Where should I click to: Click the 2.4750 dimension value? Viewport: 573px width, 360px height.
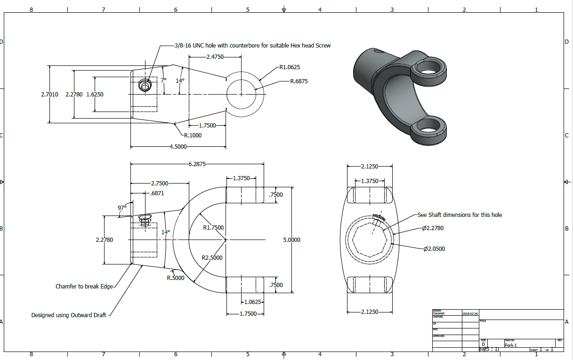[215, 57]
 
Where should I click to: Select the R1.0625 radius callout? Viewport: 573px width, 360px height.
[290, 67]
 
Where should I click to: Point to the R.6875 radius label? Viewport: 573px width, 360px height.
[299, 81]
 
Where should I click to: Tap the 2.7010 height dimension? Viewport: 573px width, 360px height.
[50, 95]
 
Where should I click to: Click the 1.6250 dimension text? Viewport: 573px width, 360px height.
[95, 95]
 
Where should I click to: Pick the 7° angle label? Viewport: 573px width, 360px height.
[163, 80]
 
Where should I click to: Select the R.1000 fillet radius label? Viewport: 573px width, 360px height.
[193, 135]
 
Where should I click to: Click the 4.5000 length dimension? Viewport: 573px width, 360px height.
[178, 147]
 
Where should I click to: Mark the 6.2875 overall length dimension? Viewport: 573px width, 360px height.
[196, 164]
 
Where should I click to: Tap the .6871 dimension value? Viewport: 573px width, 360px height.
[157, 193]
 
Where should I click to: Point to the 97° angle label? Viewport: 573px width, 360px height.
[122, 208]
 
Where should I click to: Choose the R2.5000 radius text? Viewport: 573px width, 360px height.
[212, 258]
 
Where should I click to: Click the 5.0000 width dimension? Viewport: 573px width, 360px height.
[291, 240]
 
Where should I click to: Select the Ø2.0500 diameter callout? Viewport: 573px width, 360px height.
[434, 248]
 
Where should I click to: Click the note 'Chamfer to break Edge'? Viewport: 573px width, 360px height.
[84, 286]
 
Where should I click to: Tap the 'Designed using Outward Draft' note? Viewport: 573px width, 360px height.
[69, 315]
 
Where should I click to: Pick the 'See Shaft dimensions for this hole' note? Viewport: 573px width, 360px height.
[460, 215]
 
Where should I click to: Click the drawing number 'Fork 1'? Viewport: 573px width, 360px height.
[511, 345]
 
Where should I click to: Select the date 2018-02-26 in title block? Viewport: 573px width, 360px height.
[470, 313]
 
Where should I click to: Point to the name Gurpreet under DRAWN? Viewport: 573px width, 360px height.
[438, 313]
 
